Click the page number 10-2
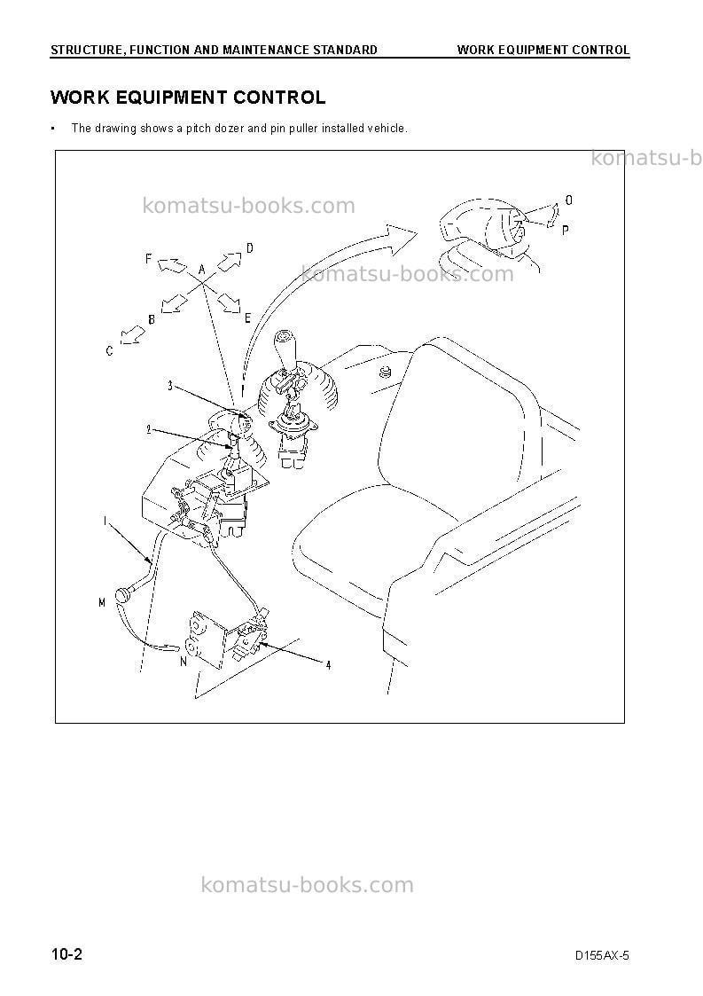tap(66, 954)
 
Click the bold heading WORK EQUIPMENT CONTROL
tap(188, 98)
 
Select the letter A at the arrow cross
tap(202, 270)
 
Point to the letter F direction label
tap(149, 259)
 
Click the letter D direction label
tap(250, 247)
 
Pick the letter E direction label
tap(247, 318)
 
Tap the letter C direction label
tap(110, 350)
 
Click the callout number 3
tap(170, 386)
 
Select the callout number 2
tap(149, 429)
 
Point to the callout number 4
tap(328, 665)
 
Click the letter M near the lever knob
tap(102, 602)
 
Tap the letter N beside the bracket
tap(184, 662)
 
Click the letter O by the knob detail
tap(569, 200)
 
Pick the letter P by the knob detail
tap(566, 230)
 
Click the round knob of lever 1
tap(122, 596)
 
